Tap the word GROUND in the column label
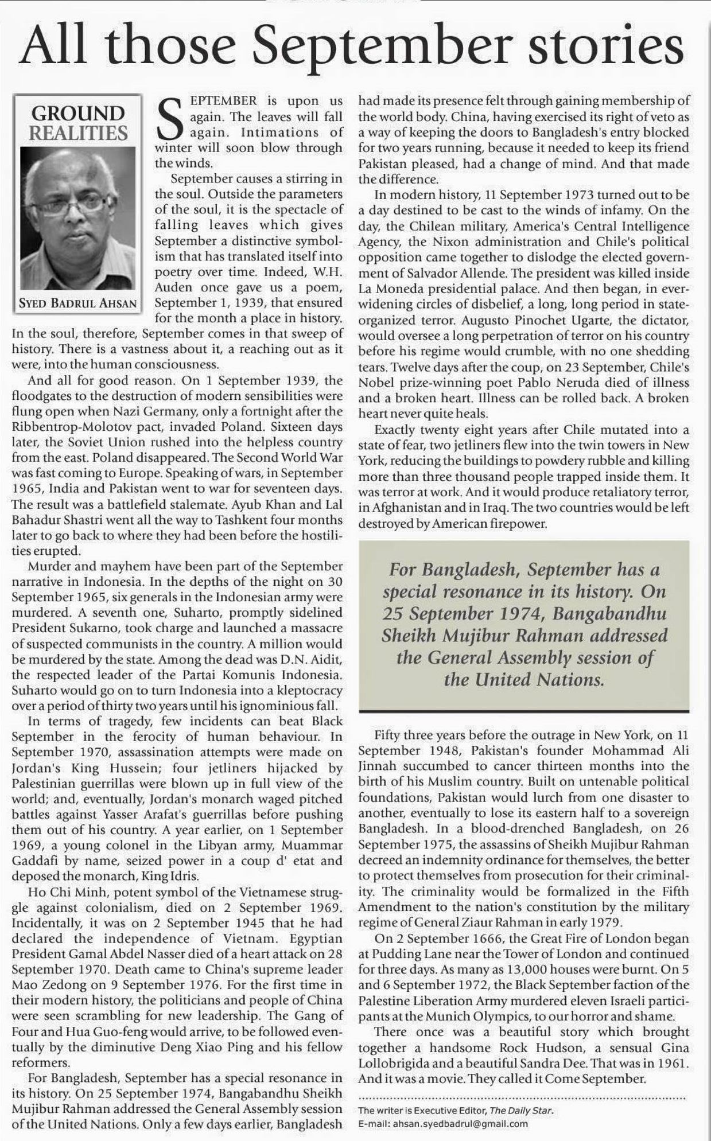click(x=78, y=113)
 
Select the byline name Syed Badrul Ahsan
click(x=78, y=303)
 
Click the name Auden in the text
click(x=176, y=287)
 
